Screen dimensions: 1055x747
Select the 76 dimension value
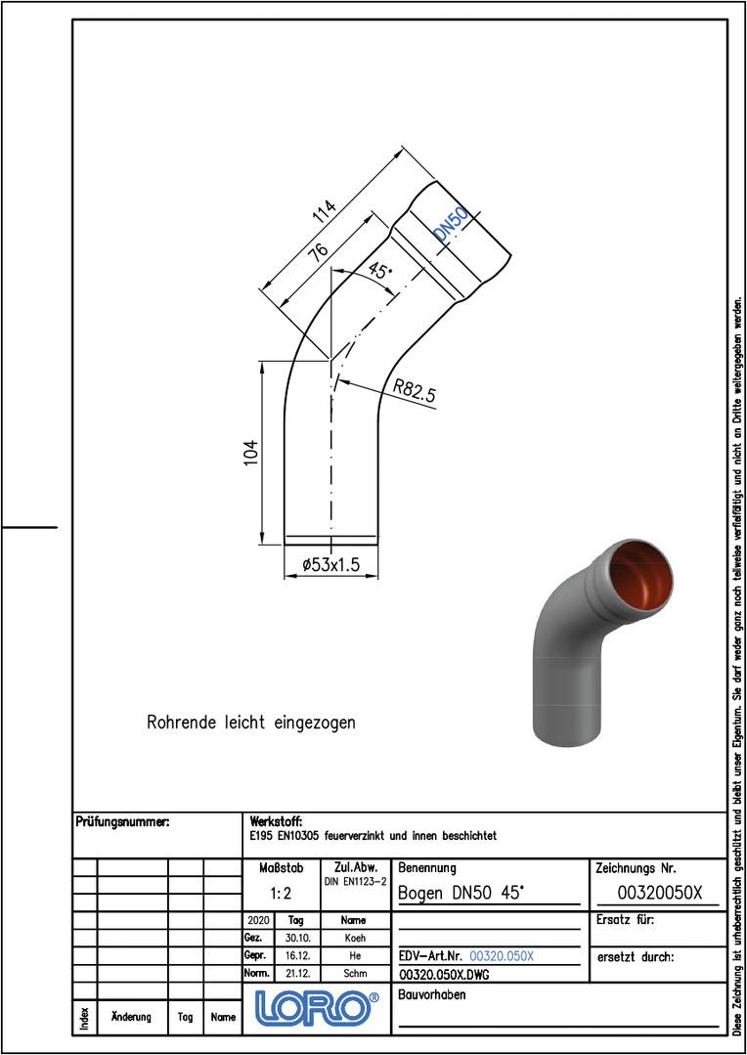click(x=317, y=252)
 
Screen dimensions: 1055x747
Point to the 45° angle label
click(x=380, y=271)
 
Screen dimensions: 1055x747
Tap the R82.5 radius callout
click(x=415, y=391)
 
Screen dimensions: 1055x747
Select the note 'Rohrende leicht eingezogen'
click(x=251, y=723)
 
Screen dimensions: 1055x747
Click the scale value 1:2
click(x=281, y=893)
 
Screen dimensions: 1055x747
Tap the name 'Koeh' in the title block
click(x=353, y=938)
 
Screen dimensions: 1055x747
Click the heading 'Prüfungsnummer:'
click(x=122, y=823)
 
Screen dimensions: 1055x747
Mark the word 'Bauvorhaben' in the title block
click(x=433, y=995)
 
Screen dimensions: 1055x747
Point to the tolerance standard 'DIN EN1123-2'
click(x=355, y=881)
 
